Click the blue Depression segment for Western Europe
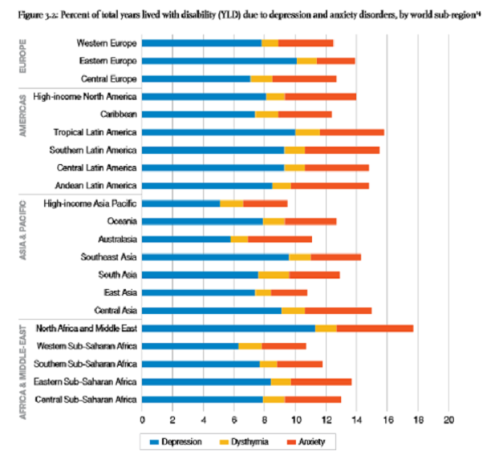tap(201, 42)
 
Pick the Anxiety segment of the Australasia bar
tap(280, 240)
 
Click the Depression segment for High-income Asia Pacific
tap(181, 203)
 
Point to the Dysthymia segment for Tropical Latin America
tap(307, 132)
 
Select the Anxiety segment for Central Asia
tap(338, 310)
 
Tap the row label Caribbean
tap(116, 115)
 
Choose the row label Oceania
tap(120, 221)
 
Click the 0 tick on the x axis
tap(142, 420)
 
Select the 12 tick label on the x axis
tap(326, 420)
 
